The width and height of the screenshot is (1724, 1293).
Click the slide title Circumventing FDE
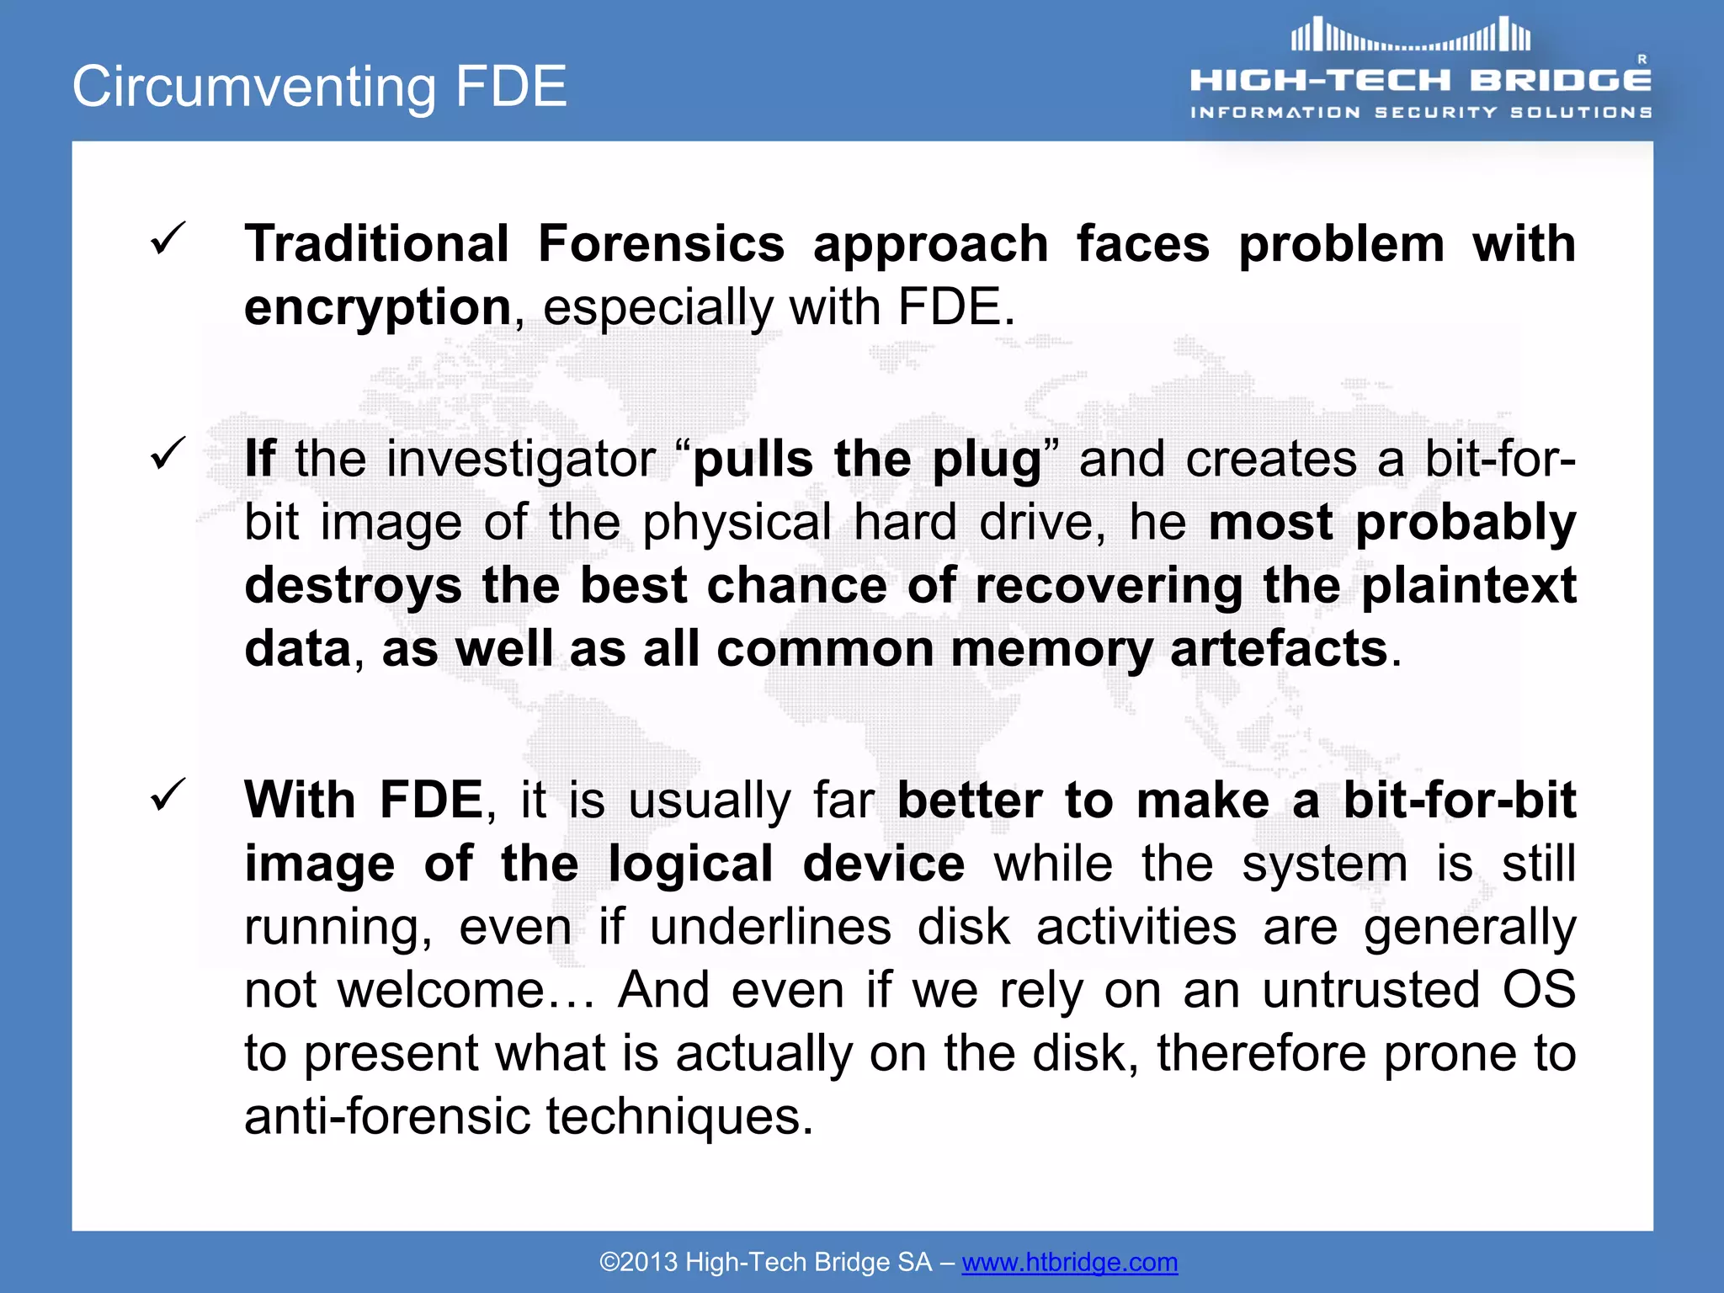pyautogui.click(x=320, y=87)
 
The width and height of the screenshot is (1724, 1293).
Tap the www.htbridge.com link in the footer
pyautogui.click(x=1069, y=1262)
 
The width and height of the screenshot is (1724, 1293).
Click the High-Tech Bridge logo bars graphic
pyautogui.click(x=1411, y=36)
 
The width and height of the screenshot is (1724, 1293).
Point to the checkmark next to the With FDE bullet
pyautogui.click(x=168, y=795)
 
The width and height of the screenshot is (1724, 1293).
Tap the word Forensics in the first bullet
pyautogui.click(x=661, y=244)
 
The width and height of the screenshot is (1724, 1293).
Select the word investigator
pyautogui.click(x=519, y=460)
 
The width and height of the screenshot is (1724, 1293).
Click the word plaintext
pyautogui.click(x=1468, y=585)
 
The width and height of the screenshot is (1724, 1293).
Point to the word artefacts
pyautogui.click(x=1278, y=649)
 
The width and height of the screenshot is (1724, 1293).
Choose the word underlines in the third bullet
pyautogui.click(x=769, y=927)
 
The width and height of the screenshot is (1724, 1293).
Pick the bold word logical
pyautogui.click(x=690, y=865)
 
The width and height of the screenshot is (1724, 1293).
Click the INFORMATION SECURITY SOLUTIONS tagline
pyautogui.click(x=1421, y=112)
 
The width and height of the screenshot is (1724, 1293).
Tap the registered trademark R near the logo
pyautogui.click(x=1642, y=59)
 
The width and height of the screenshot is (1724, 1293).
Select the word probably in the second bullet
pyautogui.click(x=1465, y=523)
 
